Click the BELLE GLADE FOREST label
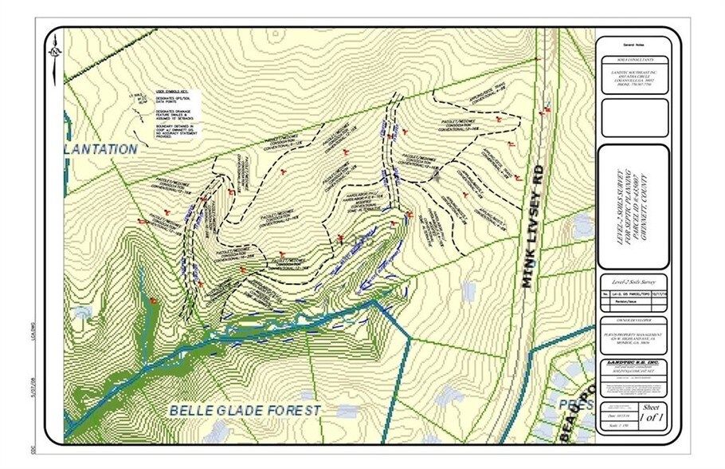tap(245, 410)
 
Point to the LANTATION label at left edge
tap(102, 148)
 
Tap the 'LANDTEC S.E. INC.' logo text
tap(631, 363)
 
